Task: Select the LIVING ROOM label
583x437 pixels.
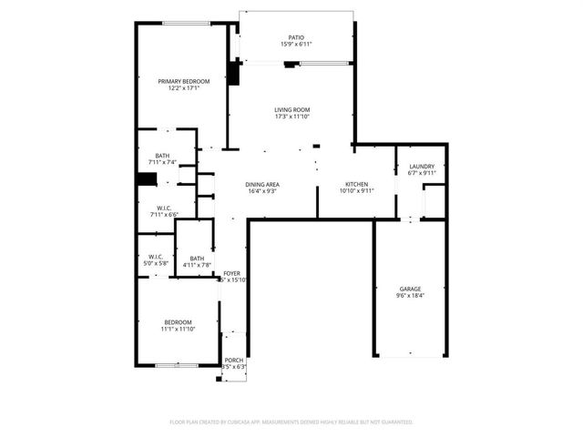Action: pos(291,110)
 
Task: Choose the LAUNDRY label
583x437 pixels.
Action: pos(422,167)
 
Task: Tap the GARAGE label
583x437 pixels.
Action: pos(410,289)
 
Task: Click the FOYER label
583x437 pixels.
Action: pos(232,273)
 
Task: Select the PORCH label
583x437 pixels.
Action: pos(234,361)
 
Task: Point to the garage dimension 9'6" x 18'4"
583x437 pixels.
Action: pos(410,295)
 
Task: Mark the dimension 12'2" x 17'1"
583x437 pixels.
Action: pos(177,88)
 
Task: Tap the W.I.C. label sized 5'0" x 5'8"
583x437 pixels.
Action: pos(155,256)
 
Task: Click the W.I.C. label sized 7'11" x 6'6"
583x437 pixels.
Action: pos(164,208)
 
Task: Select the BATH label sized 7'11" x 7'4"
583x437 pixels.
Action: pos(162,156)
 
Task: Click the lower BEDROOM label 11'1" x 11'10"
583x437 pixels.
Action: pos(178,322)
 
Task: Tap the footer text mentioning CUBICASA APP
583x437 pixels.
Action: pos(291,422)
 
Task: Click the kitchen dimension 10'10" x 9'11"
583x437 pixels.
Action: pos(356,191)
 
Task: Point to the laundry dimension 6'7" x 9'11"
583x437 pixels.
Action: pos(422,173)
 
